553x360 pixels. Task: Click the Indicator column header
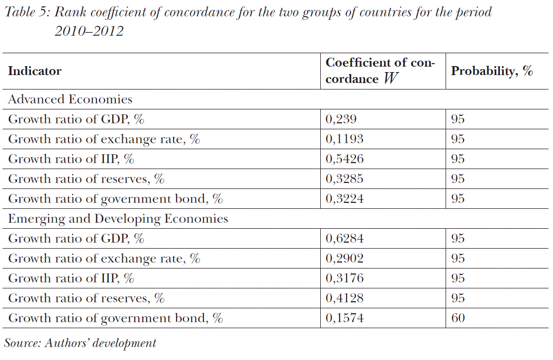(x=35, y=71)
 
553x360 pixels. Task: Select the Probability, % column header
(x=491, y=71)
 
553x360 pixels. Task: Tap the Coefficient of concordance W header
(x=380, y=71)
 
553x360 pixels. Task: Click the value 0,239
(x=341, y=119)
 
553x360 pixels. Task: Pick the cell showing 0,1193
(x=344, y=139)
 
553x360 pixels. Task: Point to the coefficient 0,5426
(x=344, y=159)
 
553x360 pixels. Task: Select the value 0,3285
(x=344, y=179)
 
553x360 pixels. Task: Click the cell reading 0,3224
(x=344, y=199)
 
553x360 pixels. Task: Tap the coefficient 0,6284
(x=344, y=239)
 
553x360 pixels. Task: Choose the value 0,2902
(x=344, y=259)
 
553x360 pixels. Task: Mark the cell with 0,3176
(x=344, y=278)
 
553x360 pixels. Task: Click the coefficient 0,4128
(x=344, y=298)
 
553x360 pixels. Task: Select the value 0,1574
(x=344, y=318)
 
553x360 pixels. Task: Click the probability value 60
(x=458, y=318)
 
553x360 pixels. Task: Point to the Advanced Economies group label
(x=70, y=99)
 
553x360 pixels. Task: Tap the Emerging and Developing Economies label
(x=118, y=219)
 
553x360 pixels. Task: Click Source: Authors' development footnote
(x=80, y=343)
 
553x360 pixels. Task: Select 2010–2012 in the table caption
(x=89, y=32)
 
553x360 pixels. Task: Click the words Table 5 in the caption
(x=25, y=12)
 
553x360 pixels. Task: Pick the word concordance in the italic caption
(x=187, y=12)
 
